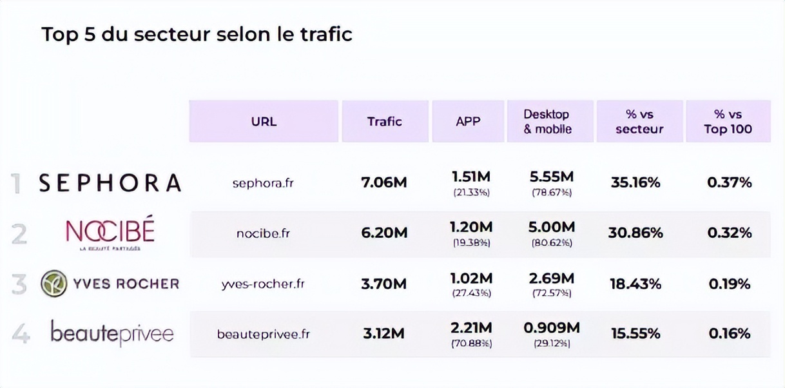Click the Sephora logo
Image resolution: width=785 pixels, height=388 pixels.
(x=110, y=183)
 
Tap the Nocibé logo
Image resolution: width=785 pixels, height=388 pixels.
(x=110, y=232)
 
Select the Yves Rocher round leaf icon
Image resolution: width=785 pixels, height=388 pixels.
(x=54, y=284)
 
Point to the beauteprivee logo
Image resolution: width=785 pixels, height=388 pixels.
(x=112, y=333)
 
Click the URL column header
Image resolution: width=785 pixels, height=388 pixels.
(x=264, y=121)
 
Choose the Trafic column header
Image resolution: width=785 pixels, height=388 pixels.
(x=385, y=121)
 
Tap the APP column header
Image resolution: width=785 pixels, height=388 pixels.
(x=468, y=121)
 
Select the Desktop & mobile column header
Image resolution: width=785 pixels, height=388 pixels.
(x=548, y=121)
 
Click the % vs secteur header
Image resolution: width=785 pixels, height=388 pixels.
(x=639, y=121)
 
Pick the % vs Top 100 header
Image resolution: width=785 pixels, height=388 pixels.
(x=728, y=121)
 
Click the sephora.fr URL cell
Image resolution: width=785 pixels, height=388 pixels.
(x=263, y=183)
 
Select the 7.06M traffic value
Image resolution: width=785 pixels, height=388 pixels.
(x=384, y=183)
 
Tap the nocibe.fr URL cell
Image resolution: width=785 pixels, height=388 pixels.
(x=263, y=233)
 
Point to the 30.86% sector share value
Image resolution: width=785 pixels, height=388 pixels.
(x=635, y=233)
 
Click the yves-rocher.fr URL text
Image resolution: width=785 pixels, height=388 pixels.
(x=263, y=284)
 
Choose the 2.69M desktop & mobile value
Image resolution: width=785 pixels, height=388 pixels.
(x=551, y=278)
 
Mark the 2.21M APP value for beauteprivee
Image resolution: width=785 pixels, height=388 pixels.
(x=472, y=328)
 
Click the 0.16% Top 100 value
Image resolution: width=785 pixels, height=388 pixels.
(x=730, y=333)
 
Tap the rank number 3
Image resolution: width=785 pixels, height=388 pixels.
(x=19, y=284)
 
